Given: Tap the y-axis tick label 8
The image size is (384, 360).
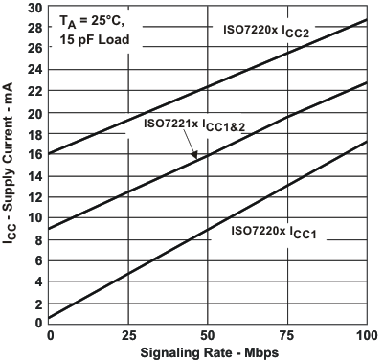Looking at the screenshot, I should pos(36,238).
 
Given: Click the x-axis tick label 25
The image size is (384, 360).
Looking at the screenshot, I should pos(126,332).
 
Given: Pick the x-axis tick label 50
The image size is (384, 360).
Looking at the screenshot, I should pos(207,332).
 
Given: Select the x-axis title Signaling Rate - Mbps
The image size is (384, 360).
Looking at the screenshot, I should pos(206,350).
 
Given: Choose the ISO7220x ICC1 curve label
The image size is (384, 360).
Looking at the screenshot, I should pos(279,231).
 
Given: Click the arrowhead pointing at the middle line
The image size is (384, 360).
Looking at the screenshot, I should pos(195,156).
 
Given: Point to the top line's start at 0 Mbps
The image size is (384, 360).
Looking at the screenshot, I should pos(47,153).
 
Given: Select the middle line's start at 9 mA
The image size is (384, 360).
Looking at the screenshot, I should pos(47,228).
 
